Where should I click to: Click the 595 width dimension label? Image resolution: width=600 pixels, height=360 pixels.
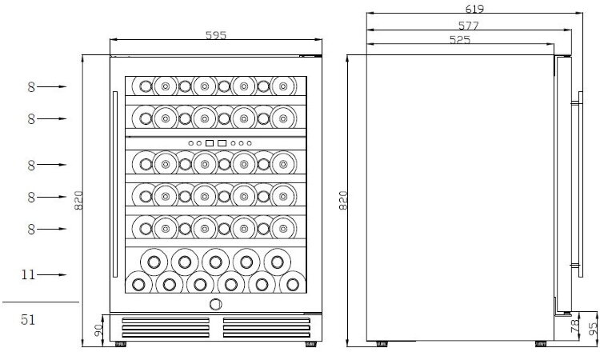pyautogui.click(x=216, y=35)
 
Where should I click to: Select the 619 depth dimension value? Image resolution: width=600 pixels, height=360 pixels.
pyautogui.click(x=474, y=9)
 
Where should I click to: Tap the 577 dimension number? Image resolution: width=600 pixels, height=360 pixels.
pyautogui.click(x=468, y=26)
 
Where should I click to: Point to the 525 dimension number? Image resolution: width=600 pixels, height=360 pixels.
pyautogui.click(x=459, y=40)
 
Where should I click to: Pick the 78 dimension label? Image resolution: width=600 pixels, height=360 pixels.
pyautogui.click(x=574, y=326)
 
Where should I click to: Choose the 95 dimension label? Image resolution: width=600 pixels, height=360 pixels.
pyautogui.click(x=592, y=328)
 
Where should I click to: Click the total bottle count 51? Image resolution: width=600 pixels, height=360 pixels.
pyautogui.click(x=28, y=319)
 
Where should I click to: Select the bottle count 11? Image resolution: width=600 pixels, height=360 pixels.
pyautogui.click(x=28, y=274)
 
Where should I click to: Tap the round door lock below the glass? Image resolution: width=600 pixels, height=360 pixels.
pyautogui.click(x=216, y=304)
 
